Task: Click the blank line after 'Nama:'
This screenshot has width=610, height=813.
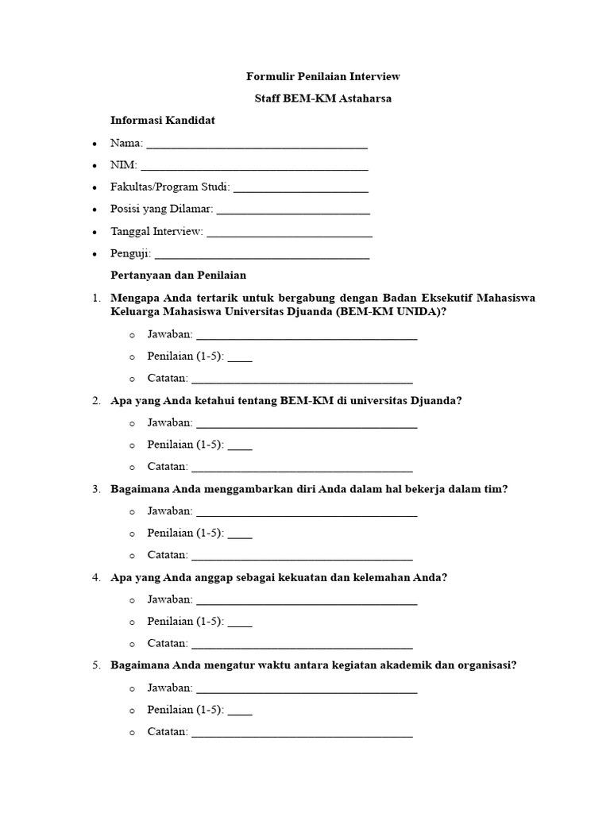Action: [x=257, y=145]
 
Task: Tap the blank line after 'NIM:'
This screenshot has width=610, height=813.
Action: [x=254, y=168]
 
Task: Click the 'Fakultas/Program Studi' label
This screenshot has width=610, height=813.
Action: [x=170, y=187]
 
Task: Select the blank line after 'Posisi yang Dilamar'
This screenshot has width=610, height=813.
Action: [x=293, y=211]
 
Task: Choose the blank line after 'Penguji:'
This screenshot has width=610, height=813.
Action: [x=261, y=256]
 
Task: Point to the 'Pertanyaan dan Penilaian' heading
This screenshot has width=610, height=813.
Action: [x=179, y=275]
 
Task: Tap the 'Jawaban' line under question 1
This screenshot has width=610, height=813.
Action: [x=306, y=337]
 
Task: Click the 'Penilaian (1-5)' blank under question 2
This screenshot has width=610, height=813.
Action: [x=240, y=447]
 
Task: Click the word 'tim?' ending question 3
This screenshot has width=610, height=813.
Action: [x=496, y=489]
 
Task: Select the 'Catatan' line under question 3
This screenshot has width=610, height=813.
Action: [x=302, y=557]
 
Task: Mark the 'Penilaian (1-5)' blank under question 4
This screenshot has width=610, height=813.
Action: [x=240, y=624]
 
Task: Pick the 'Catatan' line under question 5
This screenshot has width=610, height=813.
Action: [x=302, y=734]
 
